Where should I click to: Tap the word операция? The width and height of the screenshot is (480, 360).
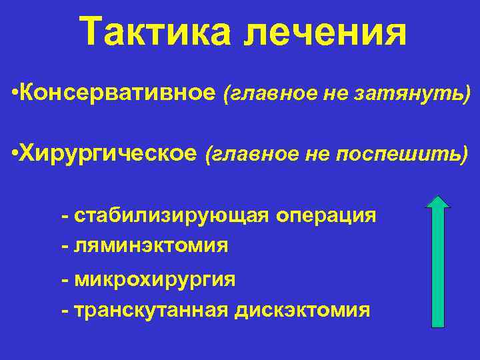pos(326,217)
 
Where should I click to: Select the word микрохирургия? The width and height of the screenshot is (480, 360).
pos(155,279)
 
